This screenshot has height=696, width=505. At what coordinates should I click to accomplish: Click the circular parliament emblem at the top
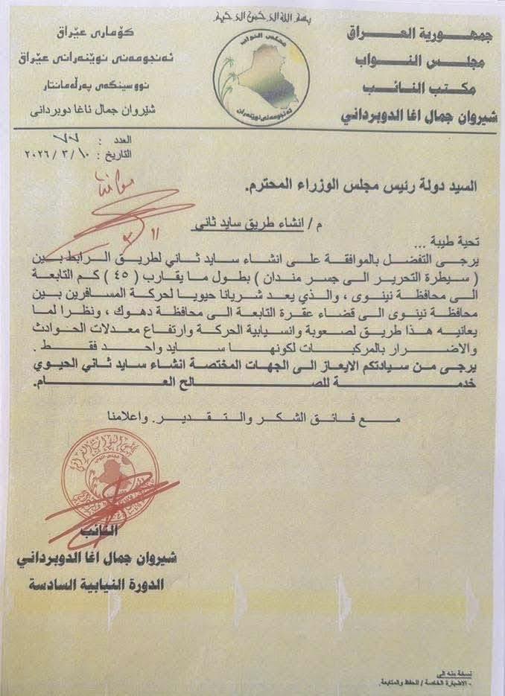tap(252, 73)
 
